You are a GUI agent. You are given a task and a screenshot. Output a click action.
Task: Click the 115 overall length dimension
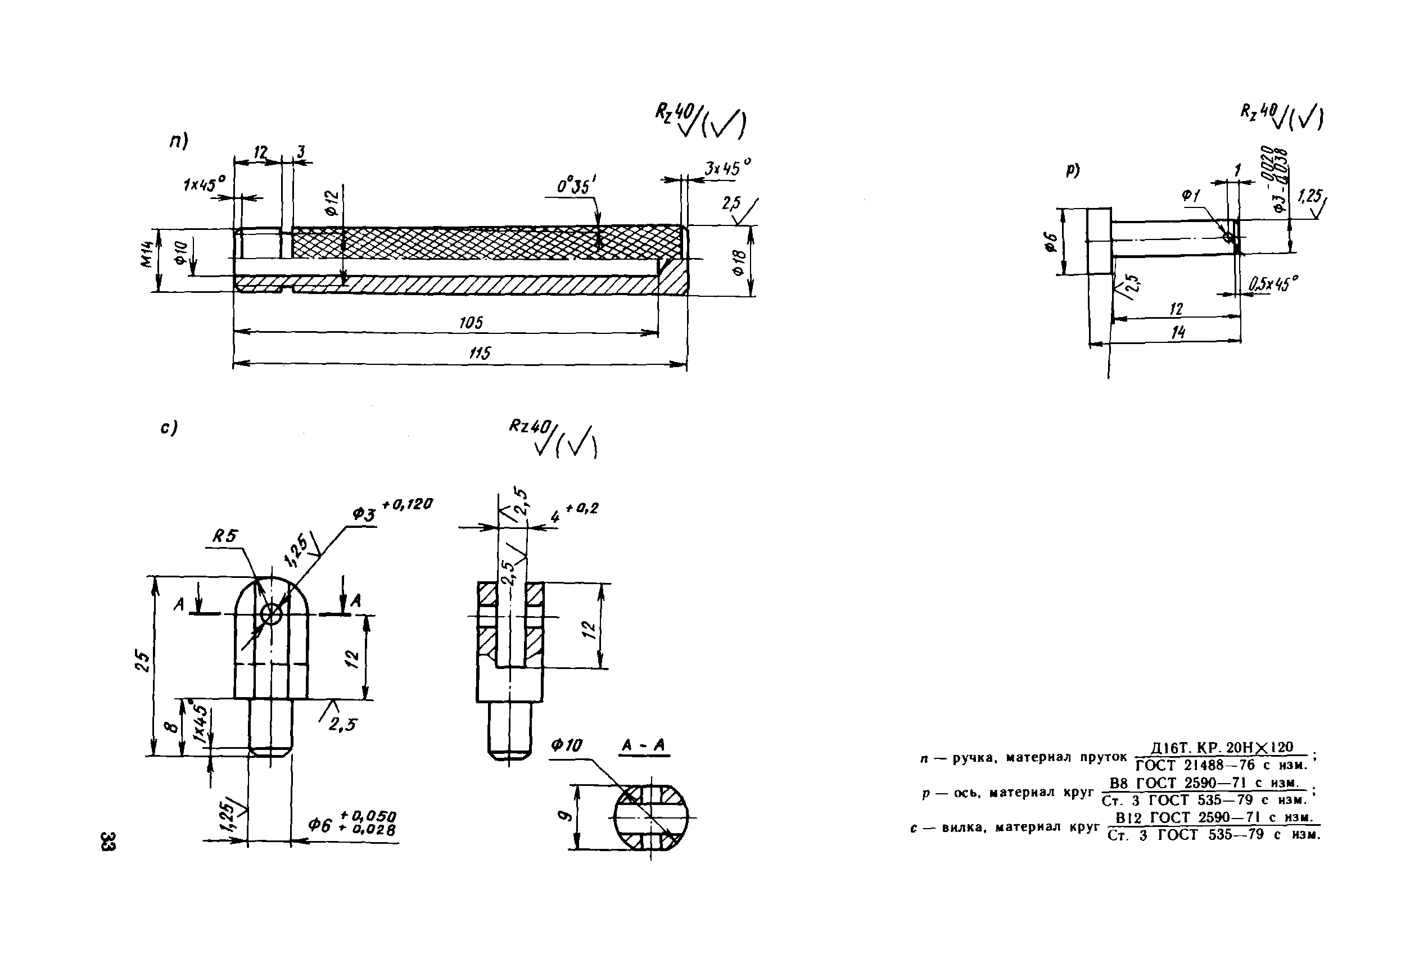click(x=480, y=353)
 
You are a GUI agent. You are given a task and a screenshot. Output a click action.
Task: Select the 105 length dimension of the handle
click(x=471, y=323)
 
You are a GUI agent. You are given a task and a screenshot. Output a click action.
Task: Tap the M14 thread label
click(x=146, y=253)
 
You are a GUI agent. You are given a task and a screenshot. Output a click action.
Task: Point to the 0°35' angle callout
click(x=576, y=186)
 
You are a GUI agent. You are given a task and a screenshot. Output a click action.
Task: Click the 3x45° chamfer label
click(x=727, y=168)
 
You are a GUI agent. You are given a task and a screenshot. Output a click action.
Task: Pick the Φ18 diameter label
click(x=739, y=263)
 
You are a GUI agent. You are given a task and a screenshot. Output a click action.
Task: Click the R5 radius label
click(x=225, y=536)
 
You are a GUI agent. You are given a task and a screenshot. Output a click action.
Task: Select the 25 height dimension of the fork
click(x=142, y=662)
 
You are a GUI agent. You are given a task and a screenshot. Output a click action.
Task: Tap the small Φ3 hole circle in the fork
click(x=271, y=613)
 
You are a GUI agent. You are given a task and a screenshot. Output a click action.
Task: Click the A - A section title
click(x=643, y=745)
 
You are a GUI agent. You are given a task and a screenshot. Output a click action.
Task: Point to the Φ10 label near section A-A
click(x=566, y=745)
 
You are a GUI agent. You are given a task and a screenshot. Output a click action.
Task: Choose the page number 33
click(x=107, y=841)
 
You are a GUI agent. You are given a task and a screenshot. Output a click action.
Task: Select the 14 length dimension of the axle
click(x=1177, y=332)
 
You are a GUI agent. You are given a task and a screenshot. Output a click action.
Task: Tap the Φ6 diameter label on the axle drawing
click(x=1050, y=242)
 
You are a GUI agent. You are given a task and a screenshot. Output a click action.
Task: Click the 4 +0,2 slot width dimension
click(x=572, y=512)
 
